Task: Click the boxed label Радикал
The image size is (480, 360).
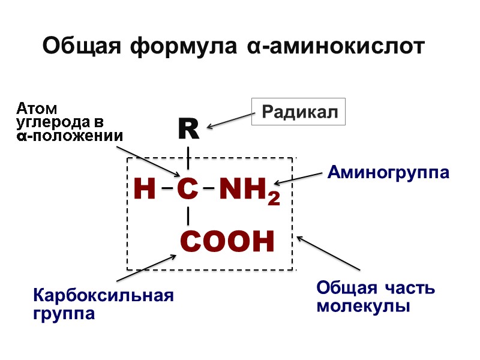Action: point(298,112)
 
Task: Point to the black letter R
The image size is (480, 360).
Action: point(188,128)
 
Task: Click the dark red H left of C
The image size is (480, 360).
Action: point(145,190)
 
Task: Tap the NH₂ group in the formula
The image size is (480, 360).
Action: point(248,190)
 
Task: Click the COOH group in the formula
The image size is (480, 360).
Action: point(227,241)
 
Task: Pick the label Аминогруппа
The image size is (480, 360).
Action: point(388,173)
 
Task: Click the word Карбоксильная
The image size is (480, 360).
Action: point(104,296)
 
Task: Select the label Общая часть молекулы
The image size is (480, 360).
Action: point(375,297)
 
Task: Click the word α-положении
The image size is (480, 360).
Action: point(69,135)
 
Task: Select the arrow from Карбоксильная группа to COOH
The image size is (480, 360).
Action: point(146,268)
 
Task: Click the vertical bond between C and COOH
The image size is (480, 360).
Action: point(188,215)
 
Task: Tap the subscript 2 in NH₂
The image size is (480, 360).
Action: point(274,197)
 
